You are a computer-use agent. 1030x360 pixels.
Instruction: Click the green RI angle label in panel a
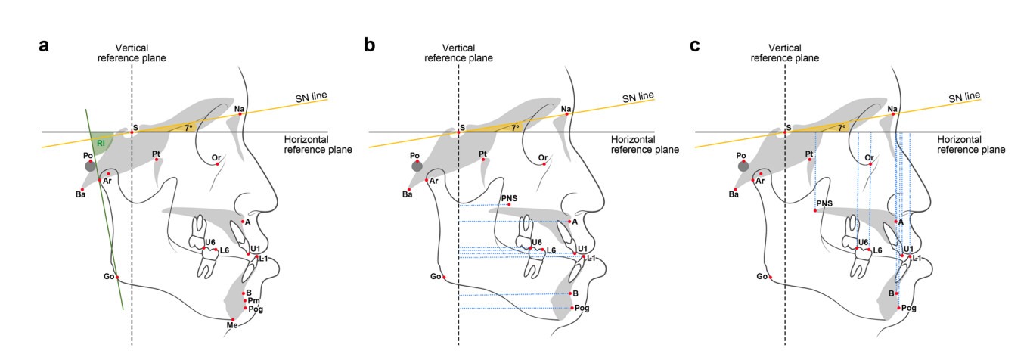(x=101, y=144)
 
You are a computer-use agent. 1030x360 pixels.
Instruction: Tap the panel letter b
(x=369, y=45)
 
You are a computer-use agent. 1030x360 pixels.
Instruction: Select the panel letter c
(x=695, y=45)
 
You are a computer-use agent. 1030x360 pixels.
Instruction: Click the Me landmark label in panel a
(x=232, y=325)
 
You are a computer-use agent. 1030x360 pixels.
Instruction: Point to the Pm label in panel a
(x=254, y=301)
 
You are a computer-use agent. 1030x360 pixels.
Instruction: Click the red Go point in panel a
(x=117, y=278)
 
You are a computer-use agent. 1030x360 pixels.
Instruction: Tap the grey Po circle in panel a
(x=90, y=166)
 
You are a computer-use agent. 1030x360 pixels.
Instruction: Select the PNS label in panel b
(x=509, y=198)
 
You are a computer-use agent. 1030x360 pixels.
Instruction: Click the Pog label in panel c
(x=908, y=308)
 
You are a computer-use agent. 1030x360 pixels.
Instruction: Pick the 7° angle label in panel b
(x=515, y=128)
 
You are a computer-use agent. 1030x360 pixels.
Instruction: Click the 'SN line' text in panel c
(x=964, y=97)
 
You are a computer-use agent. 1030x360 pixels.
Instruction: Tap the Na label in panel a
(x=239, y=109)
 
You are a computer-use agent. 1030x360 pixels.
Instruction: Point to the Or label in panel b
(x=543, y=158)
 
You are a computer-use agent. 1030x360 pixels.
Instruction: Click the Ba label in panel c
(x=734, y=194)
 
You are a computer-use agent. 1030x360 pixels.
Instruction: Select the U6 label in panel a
(x=209, y=242)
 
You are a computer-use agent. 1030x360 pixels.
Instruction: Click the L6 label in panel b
(x=551, y=250)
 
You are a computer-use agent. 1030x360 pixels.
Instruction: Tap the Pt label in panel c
(x=809, y=154)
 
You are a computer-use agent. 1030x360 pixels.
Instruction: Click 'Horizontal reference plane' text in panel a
(x=318, y=144)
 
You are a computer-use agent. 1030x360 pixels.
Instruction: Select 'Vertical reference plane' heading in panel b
(x=458, y=53)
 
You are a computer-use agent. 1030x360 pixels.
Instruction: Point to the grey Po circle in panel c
(x=743, y=166)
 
